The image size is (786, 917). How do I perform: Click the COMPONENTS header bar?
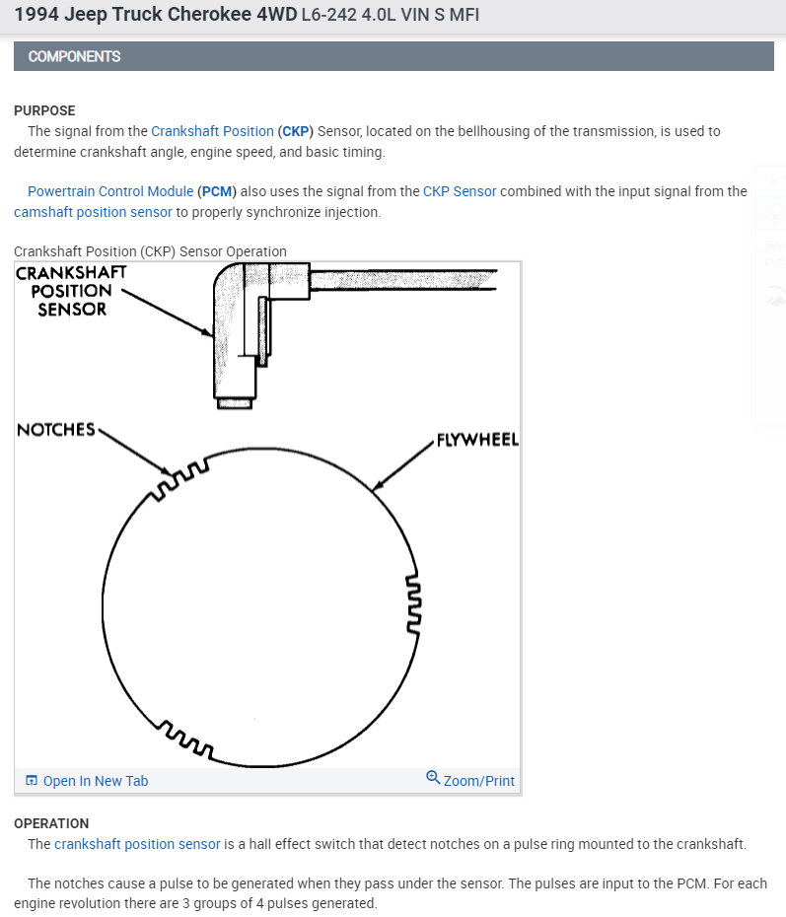click(x=393, y=56)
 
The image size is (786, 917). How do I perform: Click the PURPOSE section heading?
click(x=44, y=110)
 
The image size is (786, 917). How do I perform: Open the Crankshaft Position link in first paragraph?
click(x=212, y=131)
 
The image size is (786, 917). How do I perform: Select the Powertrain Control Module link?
click(x=109, y=191)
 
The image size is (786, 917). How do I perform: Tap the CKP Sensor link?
click(x=460, y=191)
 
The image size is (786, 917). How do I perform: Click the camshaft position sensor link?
click(x=93, y=212)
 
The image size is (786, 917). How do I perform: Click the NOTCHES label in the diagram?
click(x=56, y=430)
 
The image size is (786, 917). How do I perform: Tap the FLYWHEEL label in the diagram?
click(x=477, y=440)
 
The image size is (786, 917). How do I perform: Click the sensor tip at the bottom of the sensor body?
click(x=236, y=402)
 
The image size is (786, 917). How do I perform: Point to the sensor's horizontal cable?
click(x=404, y=280)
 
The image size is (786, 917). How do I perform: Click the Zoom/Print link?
click(x=470, y=780)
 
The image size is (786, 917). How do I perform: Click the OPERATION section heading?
click(x=51, y=823)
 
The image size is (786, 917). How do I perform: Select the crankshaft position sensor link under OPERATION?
click(x=137, y=844)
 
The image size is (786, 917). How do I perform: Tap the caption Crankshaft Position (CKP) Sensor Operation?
click(x=150, y=251)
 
